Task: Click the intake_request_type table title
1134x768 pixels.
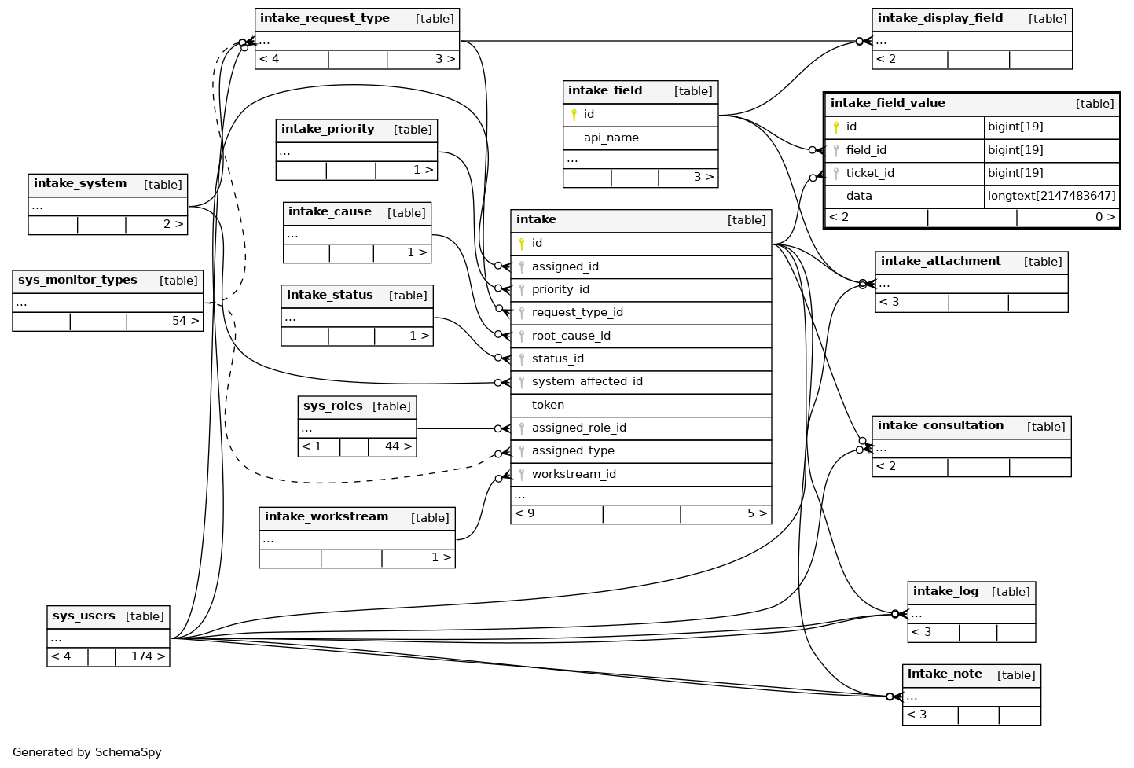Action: coord(325,19)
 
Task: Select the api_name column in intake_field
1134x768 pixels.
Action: coord(611,138)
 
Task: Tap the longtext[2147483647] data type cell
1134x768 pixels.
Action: coord(1051,196)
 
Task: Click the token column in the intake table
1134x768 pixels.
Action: coord(548,405)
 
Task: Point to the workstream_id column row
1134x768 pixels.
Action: coord(574,474)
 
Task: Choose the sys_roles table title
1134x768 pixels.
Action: coord(333,406)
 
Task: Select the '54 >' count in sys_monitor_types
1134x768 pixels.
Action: coord(185,321)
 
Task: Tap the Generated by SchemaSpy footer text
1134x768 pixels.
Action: coord(87,752)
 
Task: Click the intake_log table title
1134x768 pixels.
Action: coord(945,592)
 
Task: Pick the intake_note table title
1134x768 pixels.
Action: coord(944,674)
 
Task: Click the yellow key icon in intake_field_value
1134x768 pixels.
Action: coord(835,127)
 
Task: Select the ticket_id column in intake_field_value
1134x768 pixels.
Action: coord(870,173)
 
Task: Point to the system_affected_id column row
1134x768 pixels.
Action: coord(587,381)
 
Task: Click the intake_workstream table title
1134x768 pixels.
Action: coord(326,517)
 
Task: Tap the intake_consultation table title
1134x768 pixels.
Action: coord(940,426)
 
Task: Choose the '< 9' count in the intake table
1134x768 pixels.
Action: coord(525,514)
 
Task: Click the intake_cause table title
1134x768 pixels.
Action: coord(329,212)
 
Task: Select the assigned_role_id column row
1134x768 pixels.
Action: coord(578,428)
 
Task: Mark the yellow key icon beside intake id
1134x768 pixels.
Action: coord(521,244)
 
